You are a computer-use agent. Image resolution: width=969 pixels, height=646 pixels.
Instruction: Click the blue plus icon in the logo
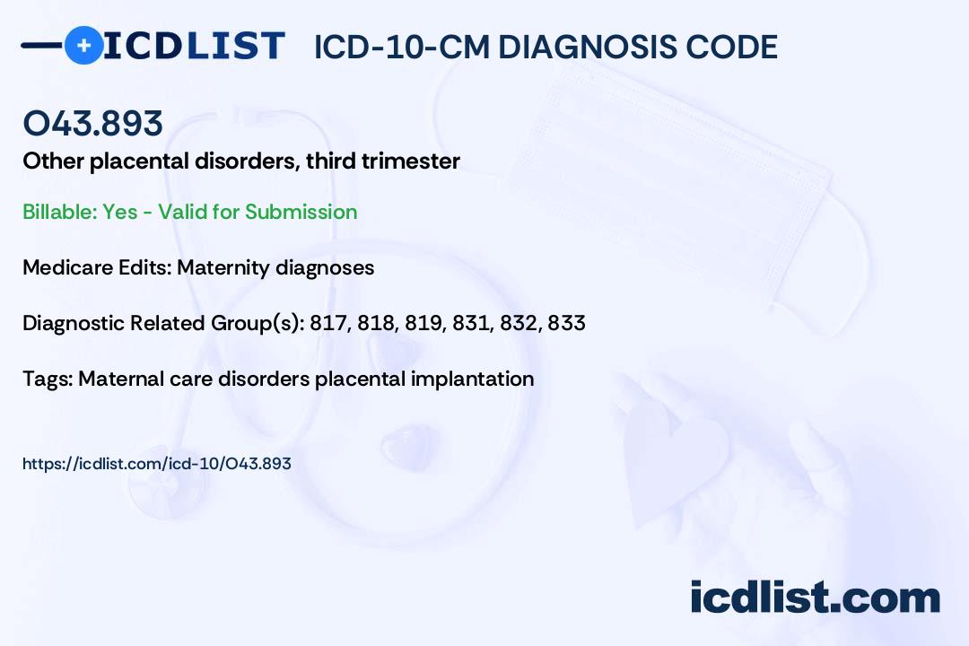click(83, 45)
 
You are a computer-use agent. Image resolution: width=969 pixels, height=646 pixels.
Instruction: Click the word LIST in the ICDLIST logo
click(235, 46)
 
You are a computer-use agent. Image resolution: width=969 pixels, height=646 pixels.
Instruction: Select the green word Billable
click(59, 212)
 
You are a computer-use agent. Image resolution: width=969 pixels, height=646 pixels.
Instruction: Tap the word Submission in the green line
click(301, 212)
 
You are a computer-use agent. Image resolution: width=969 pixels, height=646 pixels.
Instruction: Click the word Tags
click(48, 379)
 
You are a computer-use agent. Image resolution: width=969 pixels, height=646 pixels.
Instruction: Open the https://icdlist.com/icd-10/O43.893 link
click(157, 464)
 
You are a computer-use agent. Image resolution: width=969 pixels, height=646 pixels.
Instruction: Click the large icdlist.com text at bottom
click(815, 597)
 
